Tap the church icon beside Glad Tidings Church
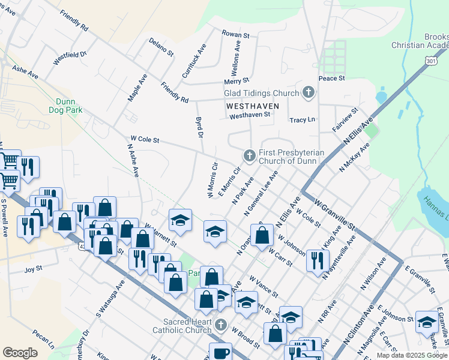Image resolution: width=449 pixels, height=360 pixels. (308, 92)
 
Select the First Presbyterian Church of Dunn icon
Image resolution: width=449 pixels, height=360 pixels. (249, 156)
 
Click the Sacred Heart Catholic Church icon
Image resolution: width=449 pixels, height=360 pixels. (221, 326)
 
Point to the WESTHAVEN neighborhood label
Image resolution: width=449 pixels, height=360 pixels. (253, 106)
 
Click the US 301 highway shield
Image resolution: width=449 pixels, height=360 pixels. (430, 61)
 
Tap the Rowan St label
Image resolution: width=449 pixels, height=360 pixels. (235, 35)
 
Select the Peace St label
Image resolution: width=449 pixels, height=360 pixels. (332, 78)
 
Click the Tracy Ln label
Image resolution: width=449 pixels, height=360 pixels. (302, 120)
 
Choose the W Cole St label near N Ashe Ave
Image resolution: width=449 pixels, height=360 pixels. (140, 140)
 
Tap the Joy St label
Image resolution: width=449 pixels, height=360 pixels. (34, 270)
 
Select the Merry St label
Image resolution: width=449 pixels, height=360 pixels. (236, 81)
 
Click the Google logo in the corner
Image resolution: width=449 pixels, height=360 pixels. (20, 353)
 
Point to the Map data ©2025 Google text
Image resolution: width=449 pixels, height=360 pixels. (412, 355)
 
